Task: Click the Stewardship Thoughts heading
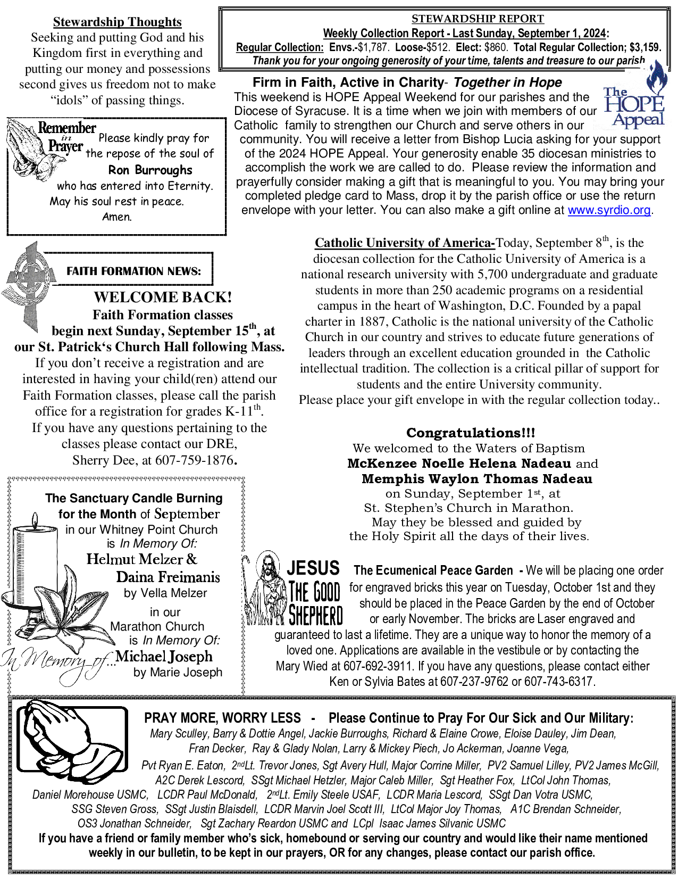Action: (x=117, y=22)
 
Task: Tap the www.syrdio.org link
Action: (x=609, y=210)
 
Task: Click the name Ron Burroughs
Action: (x=150, y=170)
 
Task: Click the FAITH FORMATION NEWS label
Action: (x=133, y=271)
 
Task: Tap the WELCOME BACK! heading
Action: (x=163, y=297)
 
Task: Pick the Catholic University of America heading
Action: (x=404, y=243)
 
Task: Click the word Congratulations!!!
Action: (x=471, y=433)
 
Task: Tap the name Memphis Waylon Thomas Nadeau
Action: (x=476, y=479)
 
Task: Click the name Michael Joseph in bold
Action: (x=164, y=657)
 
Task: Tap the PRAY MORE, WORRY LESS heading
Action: (x=222, y=718)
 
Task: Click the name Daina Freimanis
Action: (x=168, y=577)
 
